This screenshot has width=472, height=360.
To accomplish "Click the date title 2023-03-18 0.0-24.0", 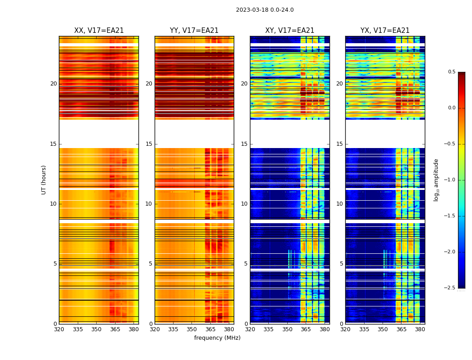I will click(265, 10).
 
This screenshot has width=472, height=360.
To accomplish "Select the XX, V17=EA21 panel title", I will click(99, 31).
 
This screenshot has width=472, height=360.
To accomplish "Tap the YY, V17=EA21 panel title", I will click(194, 31).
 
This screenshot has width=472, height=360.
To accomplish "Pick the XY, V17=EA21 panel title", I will click(289, 31).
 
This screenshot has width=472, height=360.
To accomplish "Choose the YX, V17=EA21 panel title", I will click(385, 31).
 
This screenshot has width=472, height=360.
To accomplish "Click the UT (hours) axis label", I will click(44, 180).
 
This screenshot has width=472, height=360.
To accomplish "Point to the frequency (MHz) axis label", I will click(217, 338).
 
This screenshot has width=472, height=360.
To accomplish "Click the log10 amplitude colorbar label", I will click(436, 180).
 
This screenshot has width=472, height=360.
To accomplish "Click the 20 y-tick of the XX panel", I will click(53, 84).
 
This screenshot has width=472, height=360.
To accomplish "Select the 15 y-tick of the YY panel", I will click(149, 144).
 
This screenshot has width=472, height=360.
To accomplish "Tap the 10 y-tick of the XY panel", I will click(244, 204).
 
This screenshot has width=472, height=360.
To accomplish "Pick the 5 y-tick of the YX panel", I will click(341, 264).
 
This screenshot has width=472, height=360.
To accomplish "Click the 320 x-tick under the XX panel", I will click(59, 329).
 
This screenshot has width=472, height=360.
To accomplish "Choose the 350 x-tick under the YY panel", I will click(192, 329).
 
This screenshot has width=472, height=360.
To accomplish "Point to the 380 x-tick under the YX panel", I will click(420, 329).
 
